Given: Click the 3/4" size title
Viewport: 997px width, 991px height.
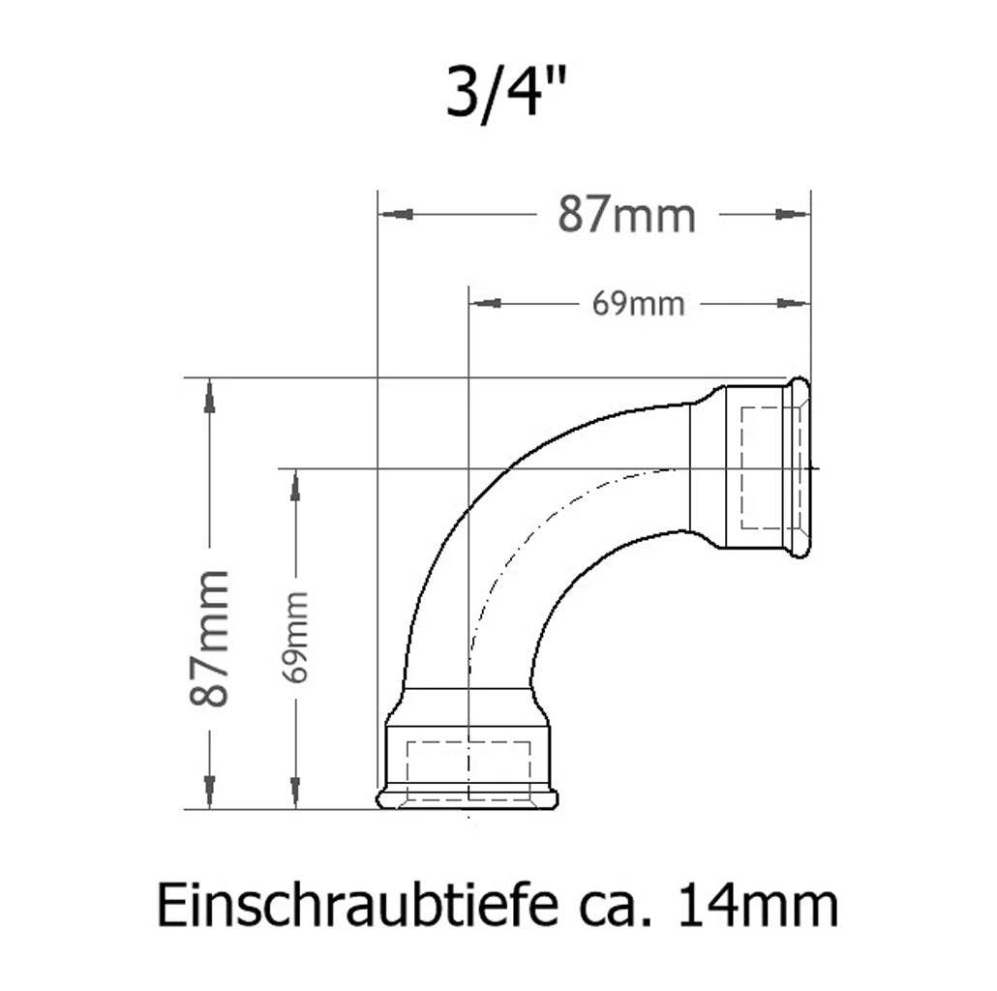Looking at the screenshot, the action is tap(505, 92).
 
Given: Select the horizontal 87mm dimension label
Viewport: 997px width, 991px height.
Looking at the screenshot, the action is tap(627, 215).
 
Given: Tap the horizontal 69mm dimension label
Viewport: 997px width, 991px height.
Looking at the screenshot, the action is tap(639, 304).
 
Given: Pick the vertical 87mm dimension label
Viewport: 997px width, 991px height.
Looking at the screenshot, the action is tap(209, 638).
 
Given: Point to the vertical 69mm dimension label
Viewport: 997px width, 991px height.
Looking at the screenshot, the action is tap(295, 637).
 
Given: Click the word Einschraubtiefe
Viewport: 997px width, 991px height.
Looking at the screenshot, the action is tap(356, 905).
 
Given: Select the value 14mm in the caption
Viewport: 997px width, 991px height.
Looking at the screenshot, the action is tap(758, 905).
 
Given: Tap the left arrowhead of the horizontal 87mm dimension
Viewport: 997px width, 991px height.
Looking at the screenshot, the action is tap(396, 214).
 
